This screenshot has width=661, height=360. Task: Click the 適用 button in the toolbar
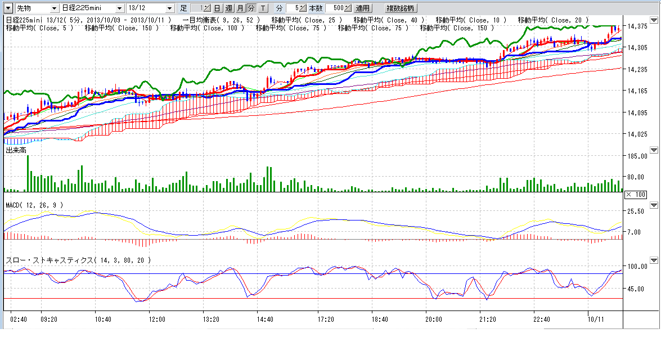coord(363,8)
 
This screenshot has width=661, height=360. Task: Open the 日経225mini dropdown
coord(92,8)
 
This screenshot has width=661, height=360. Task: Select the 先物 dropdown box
coord(36,8)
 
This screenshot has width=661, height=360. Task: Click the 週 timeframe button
coord(228,8)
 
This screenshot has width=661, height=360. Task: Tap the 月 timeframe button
coord(240,8)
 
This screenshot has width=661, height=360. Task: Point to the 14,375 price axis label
coord(638,26)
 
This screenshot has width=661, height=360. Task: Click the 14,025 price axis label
coord(638,134)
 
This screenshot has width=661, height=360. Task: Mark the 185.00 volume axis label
coord(638,156)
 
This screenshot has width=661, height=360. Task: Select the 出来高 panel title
coord(16,151)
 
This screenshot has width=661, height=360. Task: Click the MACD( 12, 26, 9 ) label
coord(34,205)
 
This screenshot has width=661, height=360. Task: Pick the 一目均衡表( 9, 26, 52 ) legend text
coord(221,20)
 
